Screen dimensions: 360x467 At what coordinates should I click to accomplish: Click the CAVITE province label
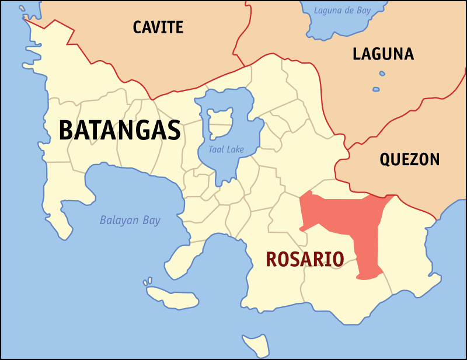158,27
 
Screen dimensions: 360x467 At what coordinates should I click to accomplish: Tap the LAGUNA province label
383,54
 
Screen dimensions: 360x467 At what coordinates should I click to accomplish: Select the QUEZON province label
409,159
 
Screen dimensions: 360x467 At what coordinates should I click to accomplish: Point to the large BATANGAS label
120,130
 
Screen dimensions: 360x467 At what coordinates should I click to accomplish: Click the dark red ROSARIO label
304,259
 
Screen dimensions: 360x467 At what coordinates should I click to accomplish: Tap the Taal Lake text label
226,150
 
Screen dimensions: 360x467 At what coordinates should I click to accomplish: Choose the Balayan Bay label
130,221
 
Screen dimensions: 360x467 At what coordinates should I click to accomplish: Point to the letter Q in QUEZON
386,159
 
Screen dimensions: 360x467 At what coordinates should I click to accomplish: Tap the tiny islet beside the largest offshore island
148,282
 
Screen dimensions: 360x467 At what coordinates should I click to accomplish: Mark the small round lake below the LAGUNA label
382,74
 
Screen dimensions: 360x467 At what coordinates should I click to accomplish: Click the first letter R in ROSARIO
272,259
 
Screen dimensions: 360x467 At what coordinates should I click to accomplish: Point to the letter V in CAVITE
158,27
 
